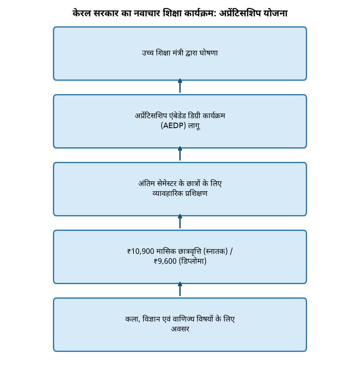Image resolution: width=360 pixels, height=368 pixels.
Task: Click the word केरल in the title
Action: (81, 13)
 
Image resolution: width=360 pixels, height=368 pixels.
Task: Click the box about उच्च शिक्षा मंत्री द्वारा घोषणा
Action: (180, 54)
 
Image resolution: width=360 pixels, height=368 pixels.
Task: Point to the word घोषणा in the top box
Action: (209, 52)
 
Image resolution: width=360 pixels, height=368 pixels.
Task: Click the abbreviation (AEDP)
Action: (173, 125)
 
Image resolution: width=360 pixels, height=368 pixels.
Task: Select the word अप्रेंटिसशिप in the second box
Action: (151, 115)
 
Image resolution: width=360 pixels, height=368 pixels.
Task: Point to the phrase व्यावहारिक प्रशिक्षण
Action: (180, 193)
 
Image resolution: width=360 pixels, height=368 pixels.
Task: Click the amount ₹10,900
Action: (141, 251)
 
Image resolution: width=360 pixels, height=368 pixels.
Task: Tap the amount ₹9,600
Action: (165, 261)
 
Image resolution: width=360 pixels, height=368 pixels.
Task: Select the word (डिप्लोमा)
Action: (193, 261)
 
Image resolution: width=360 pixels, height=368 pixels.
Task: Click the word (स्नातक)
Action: (215, 251)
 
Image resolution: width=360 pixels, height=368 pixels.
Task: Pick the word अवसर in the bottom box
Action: (180, 329)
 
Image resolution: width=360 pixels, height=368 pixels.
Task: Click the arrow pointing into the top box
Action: (180, 86)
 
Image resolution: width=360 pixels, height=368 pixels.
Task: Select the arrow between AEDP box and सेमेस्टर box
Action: (180, 154)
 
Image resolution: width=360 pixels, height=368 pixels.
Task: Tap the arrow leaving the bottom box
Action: (180, 289)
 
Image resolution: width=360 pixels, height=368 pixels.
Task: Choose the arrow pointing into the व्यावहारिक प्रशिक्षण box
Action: (180, 221)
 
